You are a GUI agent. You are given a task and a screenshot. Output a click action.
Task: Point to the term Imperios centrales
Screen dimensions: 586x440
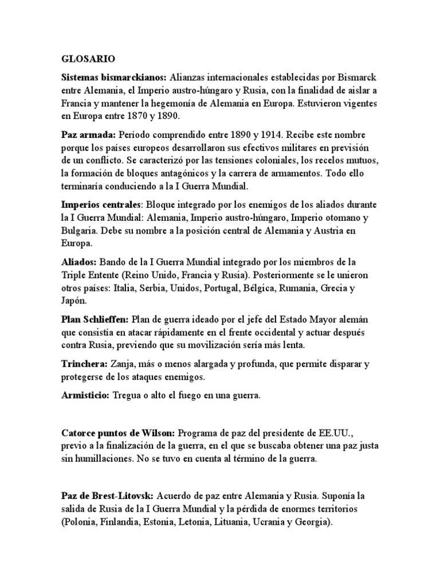(x=101, y=204)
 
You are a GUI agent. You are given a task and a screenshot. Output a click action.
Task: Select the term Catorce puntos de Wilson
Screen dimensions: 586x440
(x=119, y=433)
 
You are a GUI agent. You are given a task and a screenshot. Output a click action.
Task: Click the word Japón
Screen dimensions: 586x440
(x=73, y=300)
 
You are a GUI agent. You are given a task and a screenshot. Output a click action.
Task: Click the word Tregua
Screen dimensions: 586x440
(x=129, y=395)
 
